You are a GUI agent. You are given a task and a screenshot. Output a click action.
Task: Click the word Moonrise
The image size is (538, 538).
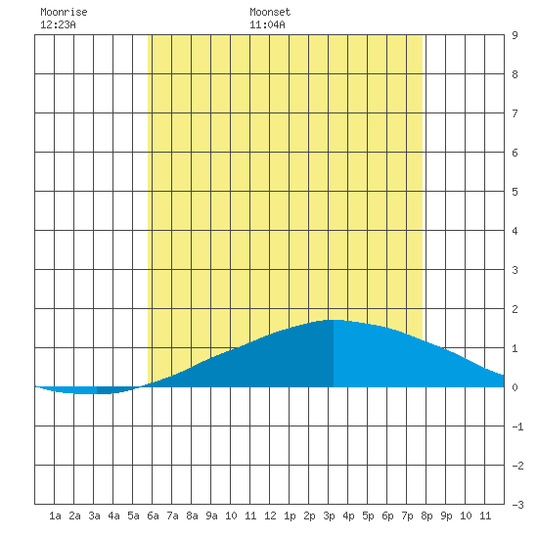tap(64, 12)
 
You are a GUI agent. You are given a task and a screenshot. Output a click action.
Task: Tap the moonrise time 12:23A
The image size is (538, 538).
tap(58, 24)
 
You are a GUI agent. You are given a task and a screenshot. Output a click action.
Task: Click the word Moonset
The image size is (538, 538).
tap(270, 12)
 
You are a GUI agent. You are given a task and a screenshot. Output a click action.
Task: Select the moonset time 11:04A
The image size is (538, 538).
tap(267, 24)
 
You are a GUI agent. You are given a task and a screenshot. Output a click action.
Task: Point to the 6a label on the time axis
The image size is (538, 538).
tap(153, 516)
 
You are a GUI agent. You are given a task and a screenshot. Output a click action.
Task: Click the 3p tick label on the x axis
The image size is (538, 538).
tap(329, 516)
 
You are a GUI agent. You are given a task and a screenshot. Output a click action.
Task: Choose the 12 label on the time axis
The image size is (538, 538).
tap(270, 516)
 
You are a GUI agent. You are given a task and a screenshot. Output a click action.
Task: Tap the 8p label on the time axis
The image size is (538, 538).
tap(426, 516)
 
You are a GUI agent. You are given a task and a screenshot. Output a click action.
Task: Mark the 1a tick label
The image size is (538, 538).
tap(55, 516)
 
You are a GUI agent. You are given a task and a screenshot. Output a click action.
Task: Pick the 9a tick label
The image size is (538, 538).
tap(211, 516)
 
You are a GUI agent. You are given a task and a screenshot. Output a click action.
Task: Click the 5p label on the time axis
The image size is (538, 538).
tap(368, 516)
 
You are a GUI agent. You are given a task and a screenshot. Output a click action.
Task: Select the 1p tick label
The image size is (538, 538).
tap(290, 516)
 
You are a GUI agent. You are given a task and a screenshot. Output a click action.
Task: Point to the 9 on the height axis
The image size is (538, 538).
tap(515, 35)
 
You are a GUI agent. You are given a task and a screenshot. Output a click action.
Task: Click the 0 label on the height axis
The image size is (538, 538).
tap(515, 387)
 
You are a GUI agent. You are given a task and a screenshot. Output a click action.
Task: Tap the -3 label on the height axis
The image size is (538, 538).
tap(518, 505)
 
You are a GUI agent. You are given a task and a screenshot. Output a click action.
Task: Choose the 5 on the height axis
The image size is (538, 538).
tap(515, 192)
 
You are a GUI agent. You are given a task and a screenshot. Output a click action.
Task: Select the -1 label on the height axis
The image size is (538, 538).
tap(518, 426)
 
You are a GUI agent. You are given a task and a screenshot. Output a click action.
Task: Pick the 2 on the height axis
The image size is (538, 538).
tap(515, 309)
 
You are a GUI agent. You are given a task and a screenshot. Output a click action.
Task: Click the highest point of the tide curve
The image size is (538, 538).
tap(334, 320)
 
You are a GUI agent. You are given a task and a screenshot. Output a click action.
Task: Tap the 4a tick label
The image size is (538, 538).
tap(113, 516)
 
